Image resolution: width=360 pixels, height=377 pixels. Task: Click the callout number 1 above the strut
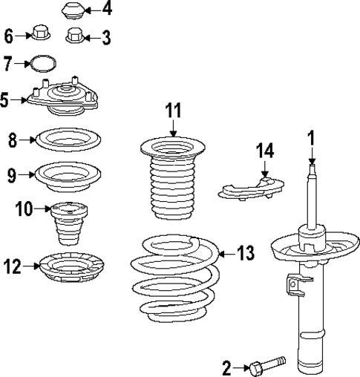[x=312, y=137]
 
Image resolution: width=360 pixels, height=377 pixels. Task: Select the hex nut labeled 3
[x=74, y=34]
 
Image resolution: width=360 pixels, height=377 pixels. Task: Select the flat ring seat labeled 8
[x=68, y=139]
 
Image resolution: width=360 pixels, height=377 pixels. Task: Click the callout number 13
[x=246, y=253]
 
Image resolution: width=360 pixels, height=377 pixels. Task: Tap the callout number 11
[x=172, y=111]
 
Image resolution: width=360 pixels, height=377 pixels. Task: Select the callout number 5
[x=6, y=98]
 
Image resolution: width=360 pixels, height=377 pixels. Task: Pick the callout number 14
[x=265, y=151]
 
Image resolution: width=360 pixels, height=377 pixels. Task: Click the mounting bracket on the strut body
[x=297, y=286]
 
